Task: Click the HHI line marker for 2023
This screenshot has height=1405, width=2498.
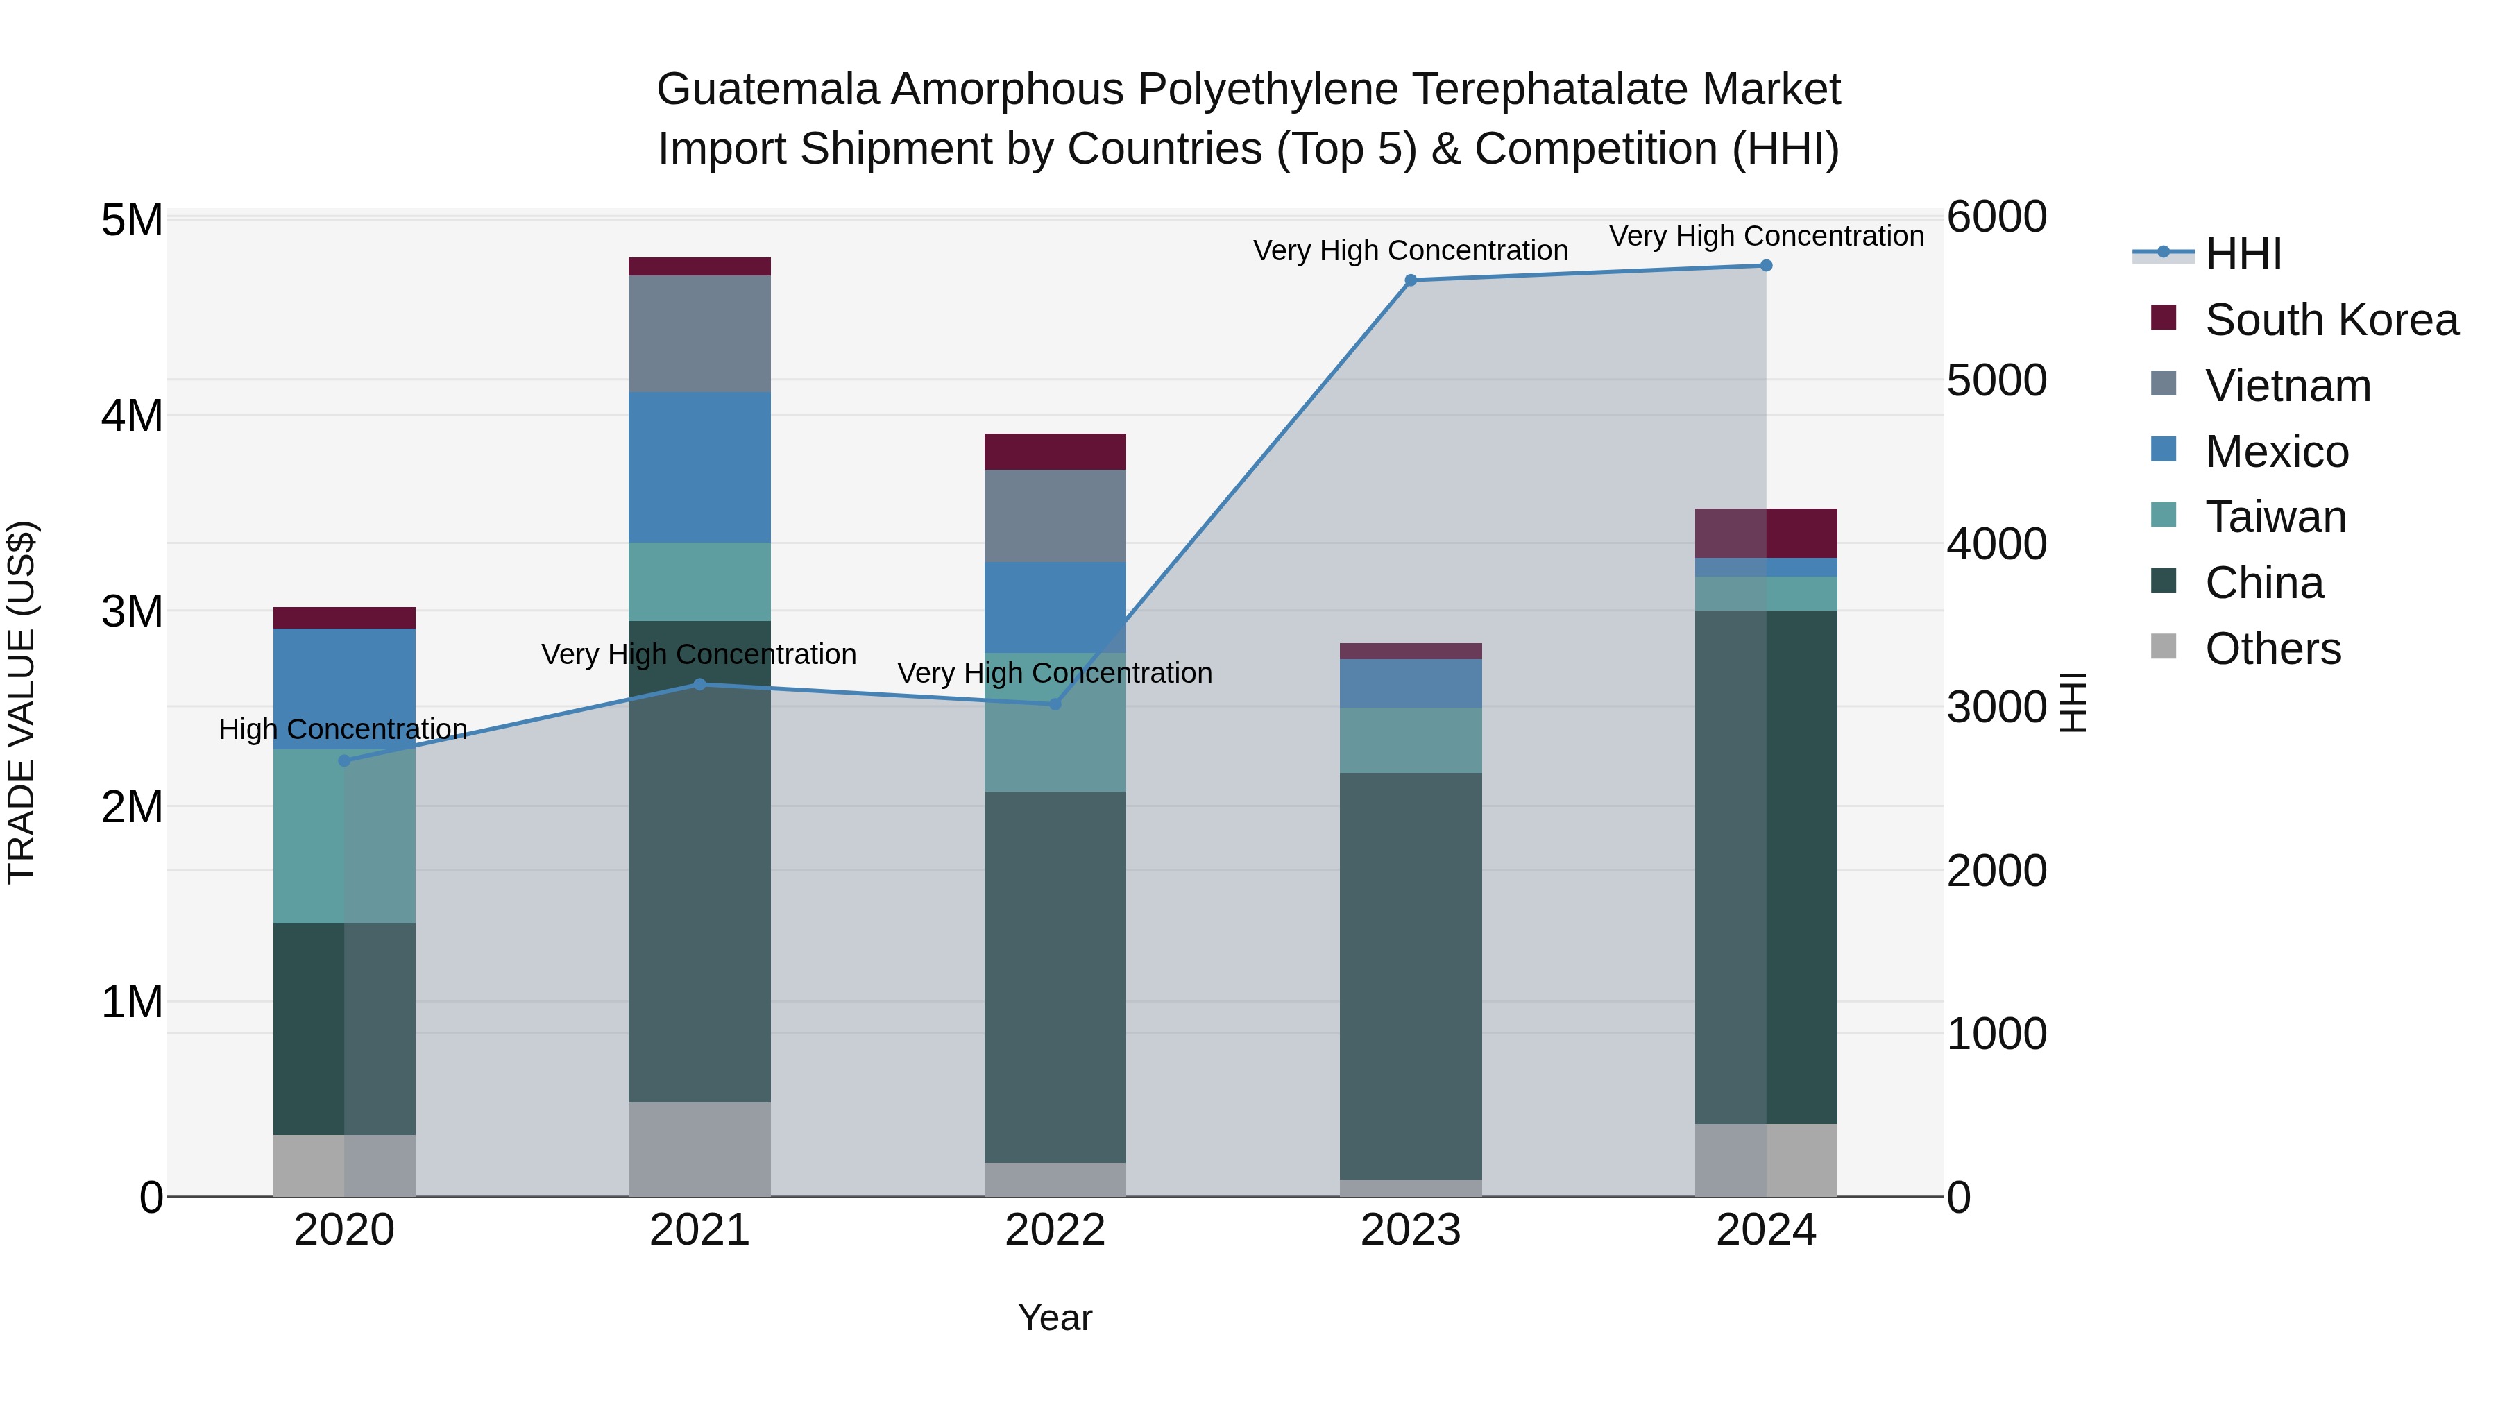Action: coord(1411,280)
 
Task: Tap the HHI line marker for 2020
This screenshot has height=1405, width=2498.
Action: coord(344,760)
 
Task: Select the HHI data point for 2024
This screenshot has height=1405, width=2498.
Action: coord(1766,266)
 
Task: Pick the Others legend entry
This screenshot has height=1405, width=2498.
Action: coord(2272,649)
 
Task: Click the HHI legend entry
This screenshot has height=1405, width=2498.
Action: coord(2242,254)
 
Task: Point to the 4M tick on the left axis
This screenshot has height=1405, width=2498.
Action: coord(132,416)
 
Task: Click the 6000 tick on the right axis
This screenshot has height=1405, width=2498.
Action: coord(1996,217)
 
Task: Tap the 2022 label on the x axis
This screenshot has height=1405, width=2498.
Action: coord(1055,1230)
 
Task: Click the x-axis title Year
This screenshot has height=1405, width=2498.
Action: coord(1055,1318)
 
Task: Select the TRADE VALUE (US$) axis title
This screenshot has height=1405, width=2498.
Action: coord(22,702)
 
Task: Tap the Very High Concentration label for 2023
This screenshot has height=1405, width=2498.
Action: coord(1410,251)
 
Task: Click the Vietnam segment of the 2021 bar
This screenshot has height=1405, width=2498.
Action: coord(699,334)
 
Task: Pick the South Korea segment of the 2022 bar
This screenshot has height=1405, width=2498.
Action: coord(1055,452)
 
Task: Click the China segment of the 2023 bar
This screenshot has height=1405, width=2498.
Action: coord(1411,975)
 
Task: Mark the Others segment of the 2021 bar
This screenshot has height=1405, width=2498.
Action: coord(699,1149)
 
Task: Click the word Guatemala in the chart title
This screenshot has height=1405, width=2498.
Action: coord(768,90)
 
